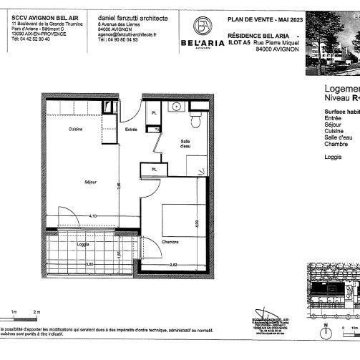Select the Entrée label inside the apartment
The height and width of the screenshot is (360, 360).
point(131,130)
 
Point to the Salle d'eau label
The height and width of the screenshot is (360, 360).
point(185,144)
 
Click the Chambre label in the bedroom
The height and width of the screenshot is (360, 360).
point(169,242)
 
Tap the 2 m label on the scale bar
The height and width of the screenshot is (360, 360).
point(39,312)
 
